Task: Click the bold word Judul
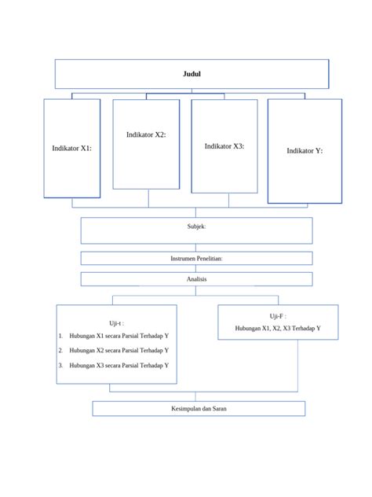(191, 74)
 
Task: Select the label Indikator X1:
(71, 148)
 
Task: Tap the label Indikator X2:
(146, 134)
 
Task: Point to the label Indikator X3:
(224, 146)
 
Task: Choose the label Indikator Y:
(305, 150)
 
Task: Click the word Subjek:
(196, 226)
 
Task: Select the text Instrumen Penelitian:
(196, 258)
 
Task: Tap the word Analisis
(196, 279)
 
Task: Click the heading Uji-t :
(116, 323)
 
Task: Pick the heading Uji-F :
(278, 316)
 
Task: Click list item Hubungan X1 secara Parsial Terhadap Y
(119, 336)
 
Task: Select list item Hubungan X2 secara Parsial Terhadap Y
(119, 350)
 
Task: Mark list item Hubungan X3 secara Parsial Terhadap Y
(119, 365)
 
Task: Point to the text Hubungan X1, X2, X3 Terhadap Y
(278, 328)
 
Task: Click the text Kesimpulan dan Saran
(199, 409)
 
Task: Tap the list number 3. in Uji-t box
(60, 365)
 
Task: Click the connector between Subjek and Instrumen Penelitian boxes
(195, 248)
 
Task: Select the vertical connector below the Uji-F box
(297, 366)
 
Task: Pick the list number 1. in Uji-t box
(60, 336)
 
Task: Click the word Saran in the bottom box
(220, 409)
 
